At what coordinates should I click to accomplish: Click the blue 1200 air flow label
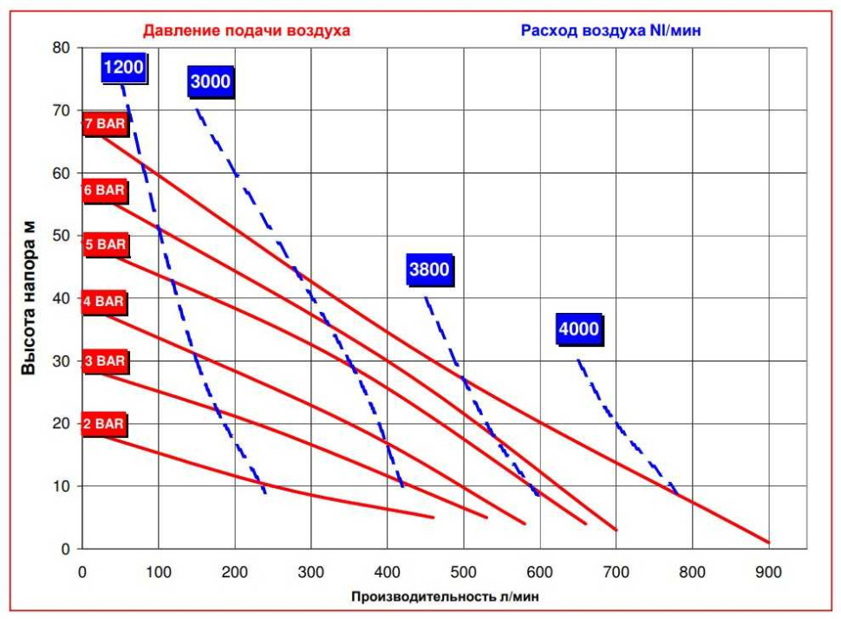point(124,68)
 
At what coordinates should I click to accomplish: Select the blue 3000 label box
point(210,81)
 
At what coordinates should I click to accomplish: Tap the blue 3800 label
point(429,270)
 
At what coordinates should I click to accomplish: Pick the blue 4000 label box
point(578,329)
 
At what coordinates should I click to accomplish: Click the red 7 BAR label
point(105,124)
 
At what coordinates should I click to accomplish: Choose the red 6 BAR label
point(104,191)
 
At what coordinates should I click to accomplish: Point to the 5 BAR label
point(105,244)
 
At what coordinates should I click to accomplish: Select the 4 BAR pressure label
point(103,302)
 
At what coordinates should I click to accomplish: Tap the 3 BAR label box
point(105,361)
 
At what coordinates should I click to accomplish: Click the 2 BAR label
point(103,424)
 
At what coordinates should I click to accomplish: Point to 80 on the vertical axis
point(62,48)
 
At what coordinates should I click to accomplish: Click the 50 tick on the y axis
point(62,236)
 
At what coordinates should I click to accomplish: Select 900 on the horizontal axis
point(768,572)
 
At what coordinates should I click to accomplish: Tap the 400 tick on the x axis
point(388,572)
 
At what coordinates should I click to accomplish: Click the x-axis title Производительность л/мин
point(445,596)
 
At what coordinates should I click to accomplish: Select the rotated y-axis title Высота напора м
point(28,297)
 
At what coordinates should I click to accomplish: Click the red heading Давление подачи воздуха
point(247,30)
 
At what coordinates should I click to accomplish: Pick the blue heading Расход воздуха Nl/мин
point(611,30)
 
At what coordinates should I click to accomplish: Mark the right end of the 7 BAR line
point(769,543)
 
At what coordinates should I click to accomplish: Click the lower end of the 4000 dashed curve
point(677,492)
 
